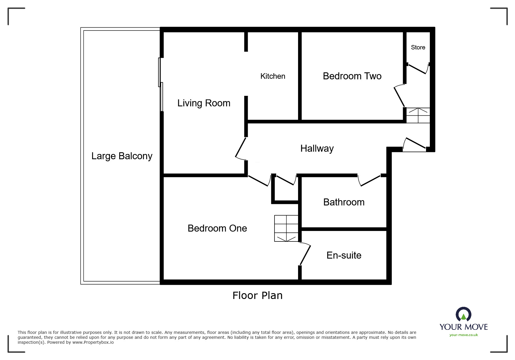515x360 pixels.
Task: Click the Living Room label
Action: (204, 103)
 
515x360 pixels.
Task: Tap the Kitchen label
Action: (273, 76)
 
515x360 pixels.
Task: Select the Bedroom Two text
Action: (352, 76)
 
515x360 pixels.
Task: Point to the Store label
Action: (418, 47)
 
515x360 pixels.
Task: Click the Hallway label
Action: (317, 148)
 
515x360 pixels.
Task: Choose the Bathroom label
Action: (344, 202)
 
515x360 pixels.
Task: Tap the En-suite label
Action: (344, 255)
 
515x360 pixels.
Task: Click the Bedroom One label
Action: (217, 228)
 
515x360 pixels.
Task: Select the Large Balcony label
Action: (122, 156)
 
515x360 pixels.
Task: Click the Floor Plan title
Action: (257, 295)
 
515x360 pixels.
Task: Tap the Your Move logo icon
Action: (463, 314)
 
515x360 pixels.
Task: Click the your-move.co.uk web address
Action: (464, 335)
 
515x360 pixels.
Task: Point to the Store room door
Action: (418, 68)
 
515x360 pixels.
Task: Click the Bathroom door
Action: (369, 180)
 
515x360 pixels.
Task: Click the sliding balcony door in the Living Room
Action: (161, 85)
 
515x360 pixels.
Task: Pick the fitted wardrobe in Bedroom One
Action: (286, 228)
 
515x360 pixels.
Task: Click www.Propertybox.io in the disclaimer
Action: (93, 342)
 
